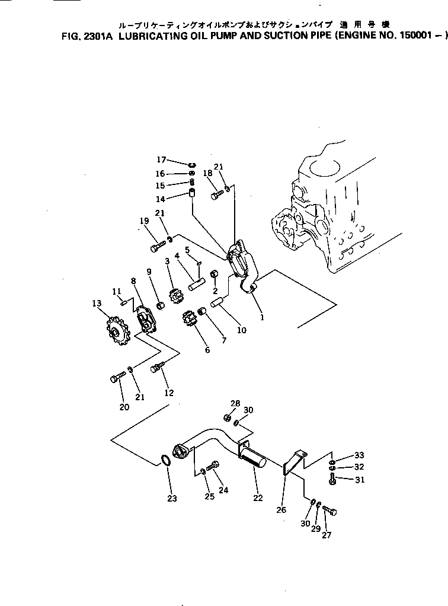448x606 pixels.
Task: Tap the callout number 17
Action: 162,160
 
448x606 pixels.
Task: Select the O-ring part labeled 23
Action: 167,460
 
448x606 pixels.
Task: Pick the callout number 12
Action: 169,393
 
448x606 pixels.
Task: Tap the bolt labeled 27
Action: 330,511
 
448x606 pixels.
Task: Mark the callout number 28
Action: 235,403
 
